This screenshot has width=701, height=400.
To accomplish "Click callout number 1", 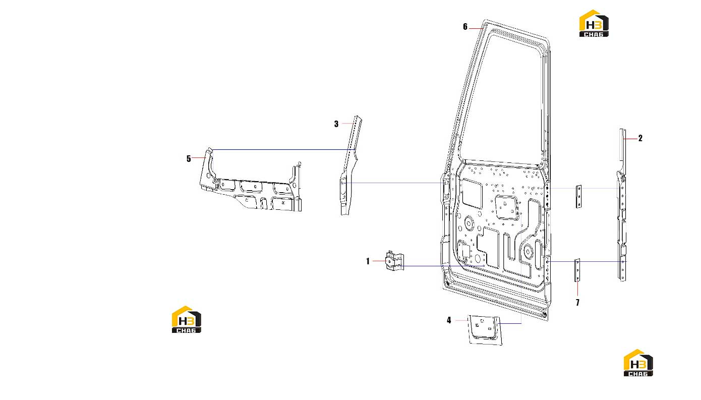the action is [x=368, y=261].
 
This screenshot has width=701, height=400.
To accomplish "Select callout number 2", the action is [x=640, y=138].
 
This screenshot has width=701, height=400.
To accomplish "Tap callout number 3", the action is [x=336, y=124].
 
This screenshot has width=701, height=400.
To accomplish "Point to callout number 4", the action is [x=449, y=320].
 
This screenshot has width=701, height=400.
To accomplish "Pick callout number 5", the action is [x=189, y=159].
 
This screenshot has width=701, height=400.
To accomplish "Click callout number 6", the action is [x=465, y=27].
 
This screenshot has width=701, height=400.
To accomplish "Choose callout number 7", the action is [x=578, y=302].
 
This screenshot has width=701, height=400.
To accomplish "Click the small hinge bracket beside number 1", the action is [x=394, y=260].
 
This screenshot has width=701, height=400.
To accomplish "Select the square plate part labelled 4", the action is [x=485, y=330].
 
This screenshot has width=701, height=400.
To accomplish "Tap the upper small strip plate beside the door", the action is [x=578, y=197].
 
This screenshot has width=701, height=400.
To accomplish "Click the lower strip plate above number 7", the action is [x=577, y=270].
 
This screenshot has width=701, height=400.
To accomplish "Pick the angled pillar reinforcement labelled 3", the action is [x=350, y=166].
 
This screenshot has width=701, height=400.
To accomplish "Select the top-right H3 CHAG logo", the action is [x=594, y=24].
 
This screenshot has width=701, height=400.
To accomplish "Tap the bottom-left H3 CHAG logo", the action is [x=187, y=320].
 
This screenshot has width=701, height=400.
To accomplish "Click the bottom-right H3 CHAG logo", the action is [x=638, y=363].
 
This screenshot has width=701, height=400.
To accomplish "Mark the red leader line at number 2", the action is [x=630, y=138].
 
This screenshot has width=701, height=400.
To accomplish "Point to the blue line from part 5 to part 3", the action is [x=283, y=150].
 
